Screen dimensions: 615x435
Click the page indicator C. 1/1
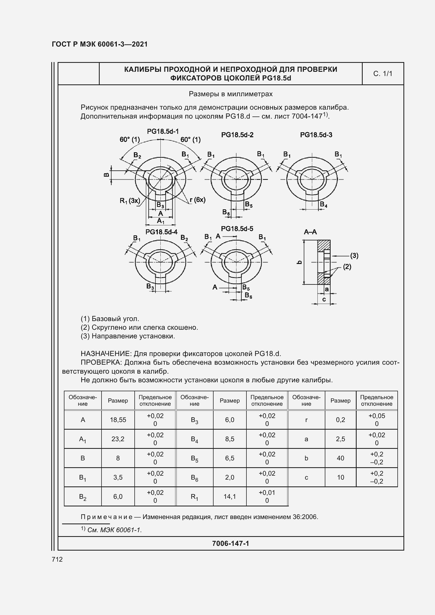(382, 74)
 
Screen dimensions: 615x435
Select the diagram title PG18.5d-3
(316, 135)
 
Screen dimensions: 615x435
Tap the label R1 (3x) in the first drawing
(130, 201)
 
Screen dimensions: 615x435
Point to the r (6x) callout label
(198, 200)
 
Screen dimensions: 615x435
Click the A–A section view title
(310, 232)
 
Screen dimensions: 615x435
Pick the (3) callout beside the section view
(354, 256)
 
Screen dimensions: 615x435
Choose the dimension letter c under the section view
(324, 299)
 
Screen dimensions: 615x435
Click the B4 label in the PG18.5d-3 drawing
(323, 205)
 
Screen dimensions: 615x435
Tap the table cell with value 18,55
(118, 420)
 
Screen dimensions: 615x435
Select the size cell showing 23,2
(118, 439)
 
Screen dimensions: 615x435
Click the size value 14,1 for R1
(230, 497)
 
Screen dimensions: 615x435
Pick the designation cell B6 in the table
(194, 477)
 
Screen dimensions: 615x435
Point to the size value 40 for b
(340, 458)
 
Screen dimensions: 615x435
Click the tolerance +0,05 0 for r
(377, 420)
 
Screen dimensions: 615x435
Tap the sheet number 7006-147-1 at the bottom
(230, 543)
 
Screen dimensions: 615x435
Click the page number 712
(57, 559)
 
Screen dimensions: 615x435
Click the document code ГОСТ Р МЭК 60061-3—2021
(100, 44)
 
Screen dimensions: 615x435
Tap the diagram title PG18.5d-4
(161, 232)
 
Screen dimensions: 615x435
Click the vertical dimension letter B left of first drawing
(106, 175)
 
